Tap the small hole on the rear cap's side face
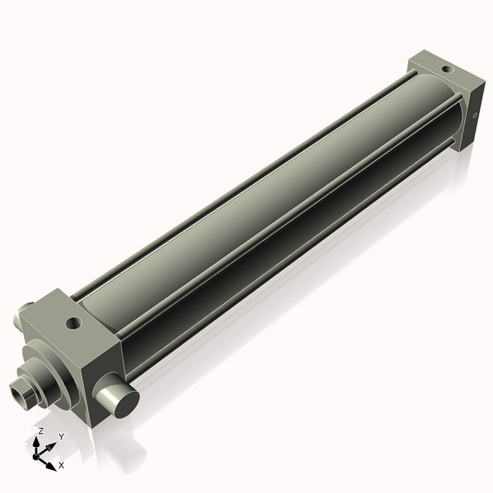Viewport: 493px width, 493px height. click(474, 116)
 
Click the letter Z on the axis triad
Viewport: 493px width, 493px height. click(41, 431)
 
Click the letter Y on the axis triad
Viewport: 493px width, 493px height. click(60, 437)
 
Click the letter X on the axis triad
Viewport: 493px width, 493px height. click(62, 466)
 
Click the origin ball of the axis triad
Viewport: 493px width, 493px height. click(37, 454)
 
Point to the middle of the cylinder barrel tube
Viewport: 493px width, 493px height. click(263, 205)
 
